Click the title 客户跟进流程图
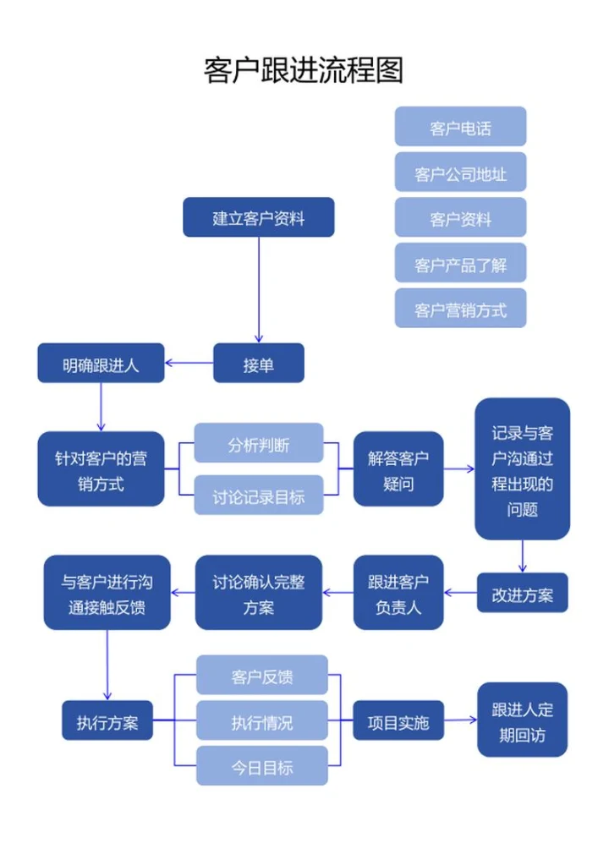pyautogui.click(x=304, y=70)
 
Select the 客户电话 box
pyautogui.click(x=460, y=129)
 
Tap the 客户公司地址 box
pyautogui.click(x=460, y=174)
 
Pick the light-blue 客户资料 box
pyautogui.click(x=460, y=220)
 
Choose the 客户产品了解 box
pyautogui.click(x=460, y=265)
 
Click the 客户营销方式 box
pyautogui.click(x=460, y=310)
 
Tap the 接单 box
pyautogui.click(x=258, y=365)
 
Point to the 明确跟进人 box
pyautogui.click(x=101, y=365)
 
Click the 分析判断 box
pyautogui.click(x=258, y=444)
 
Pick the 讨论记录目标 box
pyautogui.click(x=258, y=496)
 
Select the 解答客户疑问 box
pyautogui.click(x=398, y=471)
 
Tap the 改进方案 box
pyautogui.click(x=522, y=594)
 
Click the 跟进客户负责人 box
pyautogui.click(x=398, y=594)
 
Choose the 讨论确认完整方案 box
pyautogui.click(x=258, y=594)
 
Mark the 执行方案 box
pyautogui.click(x=107, y=722)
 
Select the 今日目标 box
pyautogui.click(x=261, y=767)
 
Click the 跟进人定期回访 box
pyautogui.click(x=522, y=720)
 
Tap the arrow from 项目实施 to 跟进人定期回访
pyautogui.click(x=460, y=720)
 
